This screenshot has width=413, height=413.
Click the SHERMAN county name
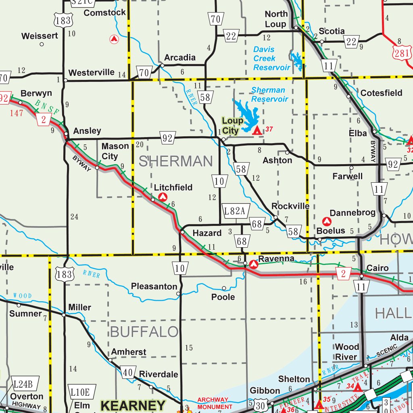click(176, 161)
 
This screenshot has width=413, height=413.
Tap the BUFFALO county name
click(144, 332)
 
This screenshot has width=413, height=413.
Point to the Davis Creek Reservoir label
click(271, 58)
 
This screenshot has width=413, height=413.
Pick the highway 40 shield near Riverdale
click(127, 373)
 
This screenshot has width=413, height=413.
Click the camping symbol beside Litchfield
click(163, 197)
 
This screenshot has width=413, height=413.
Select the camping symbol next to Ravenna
click(254, 265)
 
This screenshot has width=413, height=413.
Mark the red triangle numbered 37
click(257, 130)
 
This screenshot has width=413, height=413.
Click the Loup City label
click(232, 125)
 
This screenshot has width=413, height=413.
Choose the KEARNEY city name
click(133, 405)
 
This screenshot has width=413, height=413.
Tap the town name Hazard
click(207, 233)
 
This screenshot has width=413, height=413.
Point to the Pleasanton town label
click(154, 286)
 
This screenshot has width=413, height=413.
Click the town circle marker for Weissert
click(42, 44)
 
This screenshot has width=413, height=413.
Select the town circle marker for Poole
click(224, 288)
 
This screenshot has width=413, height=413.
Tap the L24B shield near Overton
click(25, 383)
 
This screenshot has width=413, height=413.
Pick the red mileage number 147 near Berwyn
click(17, 113)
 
